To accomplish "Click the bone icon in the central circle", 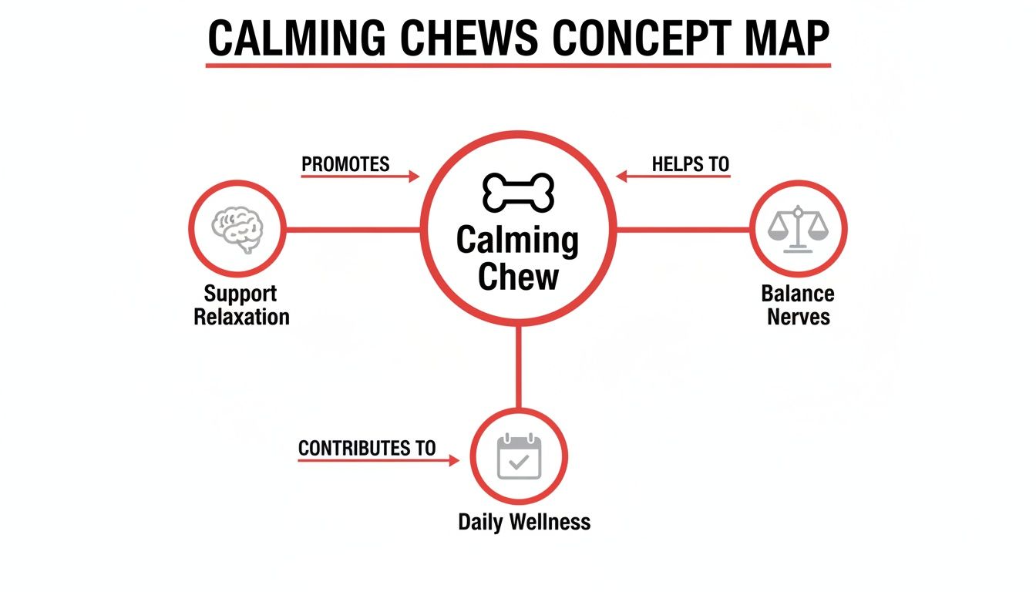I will (518, 193).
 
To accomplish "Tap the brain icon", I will (237, 229).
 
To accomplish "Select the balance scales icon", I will (798, 229).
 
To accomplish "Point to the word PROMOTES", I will (345, 164).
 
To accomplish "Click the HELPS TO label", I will (690, 164).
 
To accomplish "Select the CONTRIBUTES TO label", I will (366, 448).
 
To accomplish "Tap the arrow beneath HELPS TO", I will (673, 177).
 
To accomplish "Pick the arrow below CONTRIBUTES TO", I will (378, 461).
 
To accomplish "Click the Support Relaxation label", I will (240, 305).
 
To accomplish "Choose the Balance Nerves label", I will (798, 305).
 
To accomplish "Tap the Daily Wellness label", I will (524, 522).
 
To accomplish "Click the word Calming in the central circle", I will (517, 240).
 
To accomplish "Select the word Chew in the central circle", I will (518, 276).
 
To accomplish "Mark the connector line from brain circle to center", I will (353, 229).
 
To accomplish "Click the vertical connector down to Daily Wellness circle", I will (518, 366).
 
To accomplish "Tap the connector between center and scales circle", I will (682, 229).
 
